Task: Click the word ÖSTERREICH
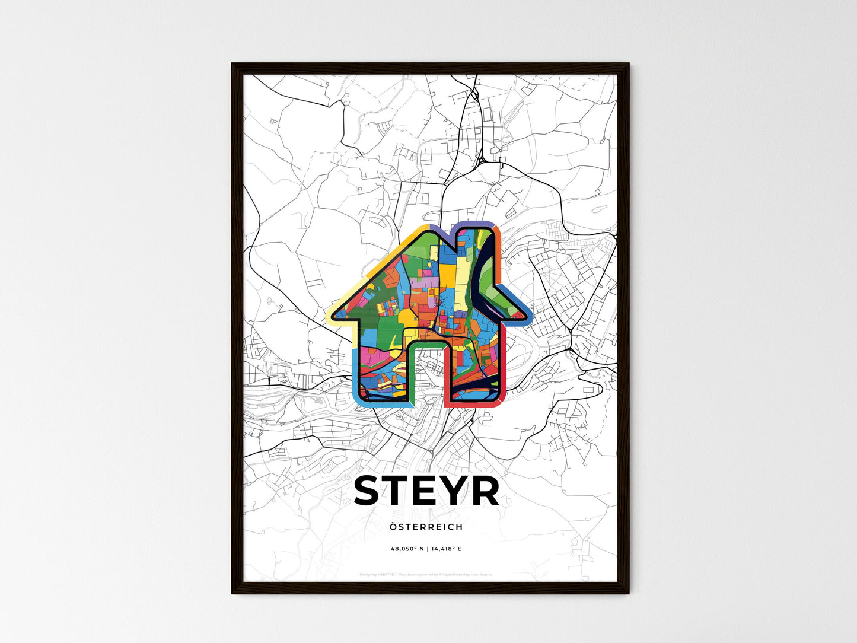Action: point(426,527)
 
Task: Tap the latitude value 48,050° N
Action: point(407,549)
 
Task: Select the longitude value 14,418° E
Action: point(445,549)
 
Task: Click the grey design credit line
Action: point(426,574)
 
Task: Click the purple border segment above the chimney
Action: point(469,224)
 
